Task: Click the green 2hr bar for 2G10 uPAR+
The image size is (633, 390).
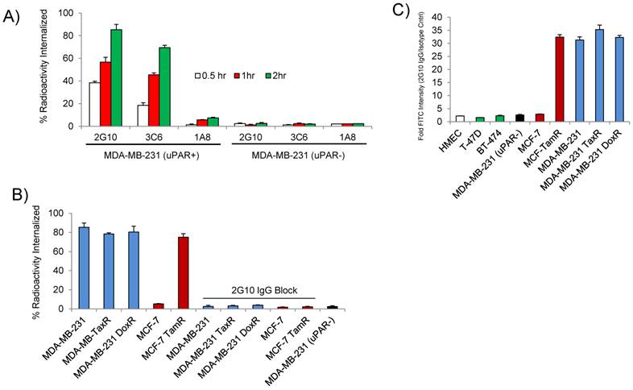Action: point(116,77)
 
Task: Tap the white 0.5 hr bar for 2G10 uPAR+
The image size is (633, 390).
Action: point(94,104)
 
